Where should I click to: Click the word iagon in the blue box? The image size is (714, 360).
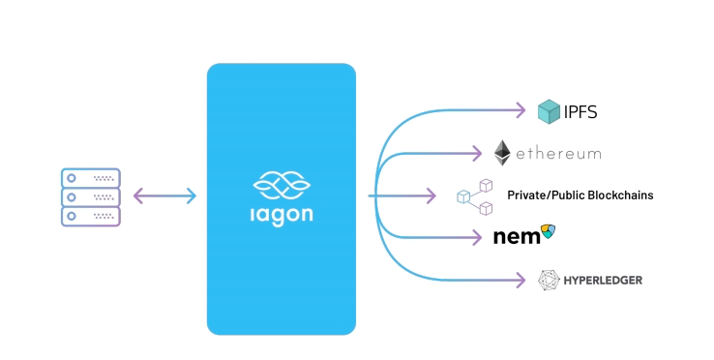282,216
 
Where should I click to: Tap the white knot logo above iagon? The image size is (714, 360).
282,185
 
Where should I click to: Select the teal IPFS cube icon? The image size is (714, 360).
549,111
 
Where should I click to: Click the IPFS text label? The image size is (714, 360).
580,111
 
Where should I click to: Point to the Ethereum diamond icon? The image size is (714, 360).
502,153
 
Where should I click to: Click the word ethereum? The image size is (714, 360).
558,154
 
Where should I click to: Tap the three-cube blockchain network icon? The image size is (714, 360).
474,196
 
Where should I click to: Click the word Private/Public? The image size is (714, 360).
546,195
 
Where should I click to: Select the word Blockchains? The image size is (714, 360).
621,195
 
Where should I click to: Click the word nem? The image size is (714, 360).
517,236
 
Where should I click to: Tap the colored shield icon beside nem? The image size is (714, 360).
549,231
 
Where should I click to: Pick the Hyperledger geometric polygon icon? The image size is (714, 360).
549,281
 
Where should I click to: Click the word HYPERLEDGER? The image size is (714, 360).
603,281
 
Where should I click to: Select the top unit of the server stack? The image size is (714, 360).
91,178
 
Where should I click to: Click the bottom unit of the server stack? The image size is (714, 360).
91,216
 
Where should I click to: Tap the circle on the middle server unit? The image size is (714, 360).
71,196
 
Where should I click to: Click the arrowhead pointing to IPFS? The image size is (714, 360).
521,110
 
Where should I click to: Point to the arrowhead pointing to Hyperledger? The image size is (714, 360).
521,280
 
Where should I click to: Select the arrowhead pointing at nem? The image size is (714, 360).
477,237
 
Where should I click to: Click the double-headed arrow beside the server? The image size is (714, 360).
164,195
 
